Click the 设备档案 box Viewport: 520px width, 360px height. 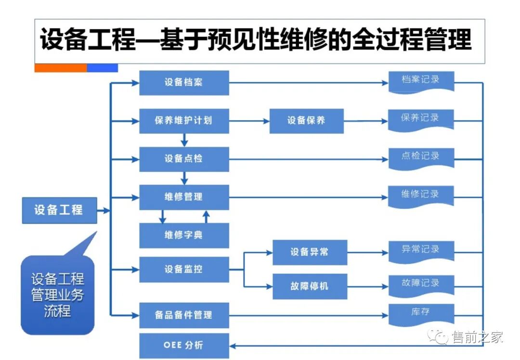184,82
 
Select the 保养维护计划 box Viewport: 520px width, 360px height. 184,121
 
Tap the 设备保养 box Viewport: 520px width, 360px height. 306,121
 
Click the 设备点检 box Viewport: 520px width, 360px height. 184,159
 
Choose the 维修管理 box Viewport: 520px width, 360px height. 184,197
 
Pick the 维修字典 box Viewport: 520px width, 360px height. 184,235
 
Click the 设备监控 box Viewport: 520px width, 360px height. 184,270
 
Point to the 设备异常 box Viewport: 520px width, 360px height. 310,252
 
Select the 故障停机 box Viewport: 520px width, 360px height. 310,285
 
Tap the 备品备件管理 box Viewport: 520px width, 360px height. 184,315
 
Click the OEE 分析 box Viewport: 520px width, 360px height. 184,345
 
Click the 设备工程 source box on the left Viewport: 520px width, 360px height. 59,210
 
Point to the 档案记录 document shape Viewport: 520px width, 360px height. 421,81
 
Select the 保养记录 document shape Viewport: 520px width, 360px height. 421,118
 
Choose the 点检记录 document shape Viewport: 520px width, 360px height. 421,157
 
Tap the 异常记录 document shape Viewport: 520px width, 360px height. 421,250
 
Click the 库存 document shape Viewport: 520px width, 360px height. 421,313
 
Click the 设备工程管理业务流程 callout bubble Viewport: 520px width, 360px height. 57,295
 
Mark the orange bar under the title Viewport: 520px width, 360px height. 61,68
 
